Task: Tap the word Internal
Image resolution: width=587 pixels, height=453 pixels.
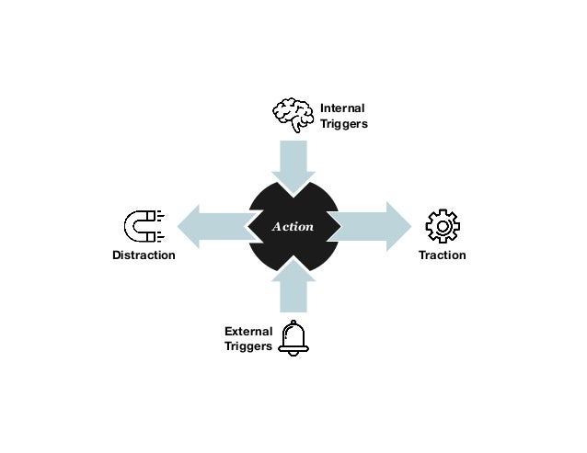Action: (x=342, y=108)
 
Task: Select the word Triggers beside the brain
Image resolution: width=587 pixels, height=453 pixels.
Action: (x=343, y=125)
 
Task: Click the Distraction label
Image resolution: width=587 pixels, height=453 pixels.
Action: (x=144, y=255)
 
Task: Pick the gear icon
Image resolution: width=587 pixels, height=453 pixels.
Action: (x=443, y=226)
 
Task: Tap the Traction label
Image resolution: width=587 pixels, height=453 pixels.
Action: (x=443, y=255)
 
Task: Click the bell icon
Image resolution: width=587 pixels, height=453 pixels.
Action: (x=293, y=337)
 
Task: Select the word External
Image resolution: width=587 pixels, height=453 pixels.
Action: (x=248, y=331)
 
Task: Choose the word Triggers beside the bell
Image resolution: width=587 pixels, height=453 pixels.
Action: (x=248, y=347)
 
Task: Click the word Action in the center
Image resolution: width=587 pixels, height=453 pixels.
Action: (x=293, y=226)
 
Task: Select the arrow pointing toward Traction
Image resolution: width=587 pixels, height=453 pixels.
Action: (x=373, y=226)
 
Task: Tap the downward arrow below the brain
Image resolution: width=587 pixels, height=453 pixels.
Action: (x=293, y=165)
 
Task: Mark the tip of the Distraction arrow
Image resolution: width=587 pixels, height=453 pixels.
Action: (x=178, y=226)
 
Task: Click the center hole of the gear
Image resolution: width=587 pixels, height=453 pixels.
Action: (x=443, y=226)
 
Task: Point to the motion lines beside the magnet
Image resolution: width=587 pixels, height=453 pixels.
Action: (x=161, y=226)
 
